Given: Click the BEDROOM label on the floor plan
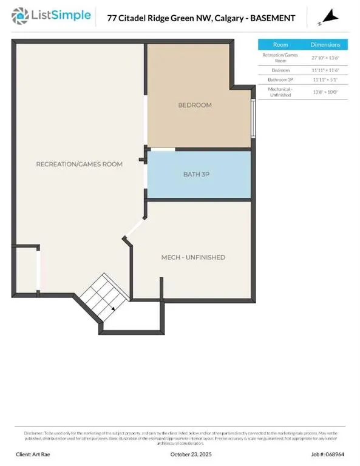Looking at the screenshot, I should coord(195,106).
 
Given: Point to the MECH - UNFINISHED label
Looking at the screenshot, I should coord(193,257).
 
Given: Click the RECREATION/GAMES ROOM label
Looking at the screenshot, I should coord(79,164).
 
